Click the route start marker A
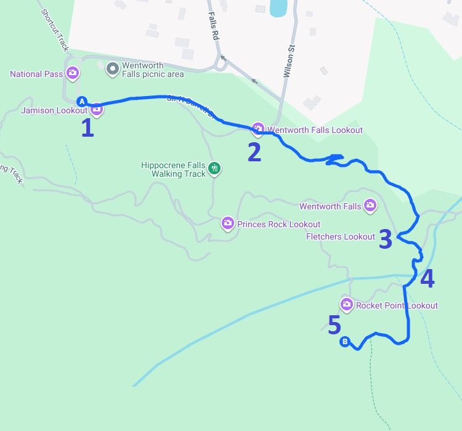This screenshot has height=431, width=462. pos(81,102)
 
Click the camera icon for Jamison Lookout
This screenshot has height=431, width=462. pos(97,110)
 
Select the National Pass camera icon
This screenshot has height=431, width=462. pos(73,74)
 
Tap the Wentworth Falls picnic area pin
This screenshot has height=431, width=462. pos(112,69)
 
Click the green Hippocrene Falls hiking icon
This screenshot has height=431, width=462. pos(214,168)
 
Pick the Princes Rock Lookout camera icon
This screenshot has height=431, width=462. pos(228,223)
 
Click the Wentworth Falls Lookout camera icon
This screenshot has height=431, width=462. pos(258,129)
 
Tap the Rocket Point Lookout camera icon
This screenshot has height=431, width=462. pos(346,304)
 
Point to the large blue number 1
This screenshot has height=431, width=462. pos(87,128)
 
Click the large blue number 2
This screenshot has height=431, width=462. pos(254,152)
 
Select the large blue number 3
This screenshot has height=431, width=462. pos(385,240)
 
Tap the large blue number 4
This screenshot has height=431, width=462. pos(427,279)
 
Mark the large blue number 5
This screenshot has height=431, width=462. pos(334,325)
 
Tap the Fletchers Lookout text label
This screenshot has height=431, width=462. pos(340,237)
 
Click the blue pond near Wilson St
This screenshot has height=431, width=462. pos(278,7)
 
